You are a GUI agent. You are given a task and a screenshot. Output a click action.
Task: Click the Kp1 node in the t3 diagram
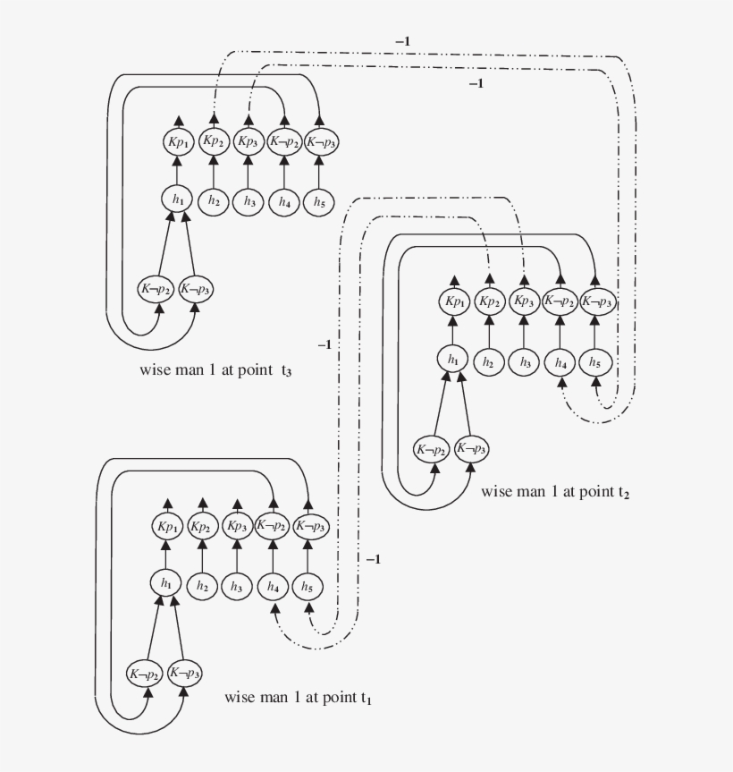coord(177,141)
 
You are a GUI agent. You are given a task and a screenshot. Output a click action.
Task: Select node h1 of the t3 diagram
coord(177,199)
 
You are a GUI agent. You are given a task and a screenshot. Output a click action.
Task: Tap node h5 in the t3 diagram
coord(320,202)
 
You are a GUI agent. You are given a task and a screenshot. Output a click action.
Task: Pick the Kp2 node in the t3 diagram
coord(213,141)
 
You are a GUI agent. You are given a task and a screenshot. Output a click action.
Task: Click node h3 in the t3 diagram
coord(249,202)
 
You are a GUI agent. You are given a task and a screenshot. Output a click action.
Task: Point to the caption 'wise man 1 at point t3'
coord(215,370)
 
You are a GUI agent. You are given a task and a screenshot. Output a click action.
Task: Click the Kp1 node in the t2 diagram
coord(453,301)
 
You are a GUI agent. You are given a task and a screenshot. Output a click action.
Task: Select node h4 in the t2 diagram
coord(560,362)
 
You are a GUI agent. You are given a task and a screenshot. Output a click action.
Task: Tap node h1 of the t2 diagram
coord(453,359)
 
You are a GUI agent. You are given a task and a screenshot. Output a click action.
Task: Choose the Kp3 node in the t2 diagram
coord(525,301)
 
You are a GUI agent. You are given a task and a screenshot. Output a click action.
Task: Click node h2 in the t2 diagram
coord(489,362)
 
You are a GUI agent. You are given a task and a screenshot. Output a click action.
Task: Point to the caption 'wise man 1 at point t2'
coord(554,491)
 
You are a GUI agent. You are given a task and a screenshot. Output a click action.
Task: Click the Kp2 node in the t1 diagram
coord(201,526)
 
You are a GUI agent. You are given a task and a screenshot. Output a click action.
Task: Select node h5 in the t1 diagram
coord(307,587)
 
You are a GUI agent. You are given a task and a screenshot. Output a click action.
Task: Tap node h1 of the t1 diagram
coord(165,583)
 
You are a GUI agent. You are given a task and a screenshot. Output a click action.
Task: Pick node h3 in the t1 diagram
coord(236,587)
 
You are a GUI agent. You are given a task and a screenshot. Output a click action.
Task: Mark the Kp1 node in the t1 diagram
coord(165,526)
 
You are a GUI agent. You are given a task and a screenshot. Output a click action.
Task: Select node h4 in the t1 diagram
coord(272,587)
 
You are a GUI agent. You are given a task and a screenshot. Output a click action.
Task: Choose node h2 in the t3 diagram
coord(213,202)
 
